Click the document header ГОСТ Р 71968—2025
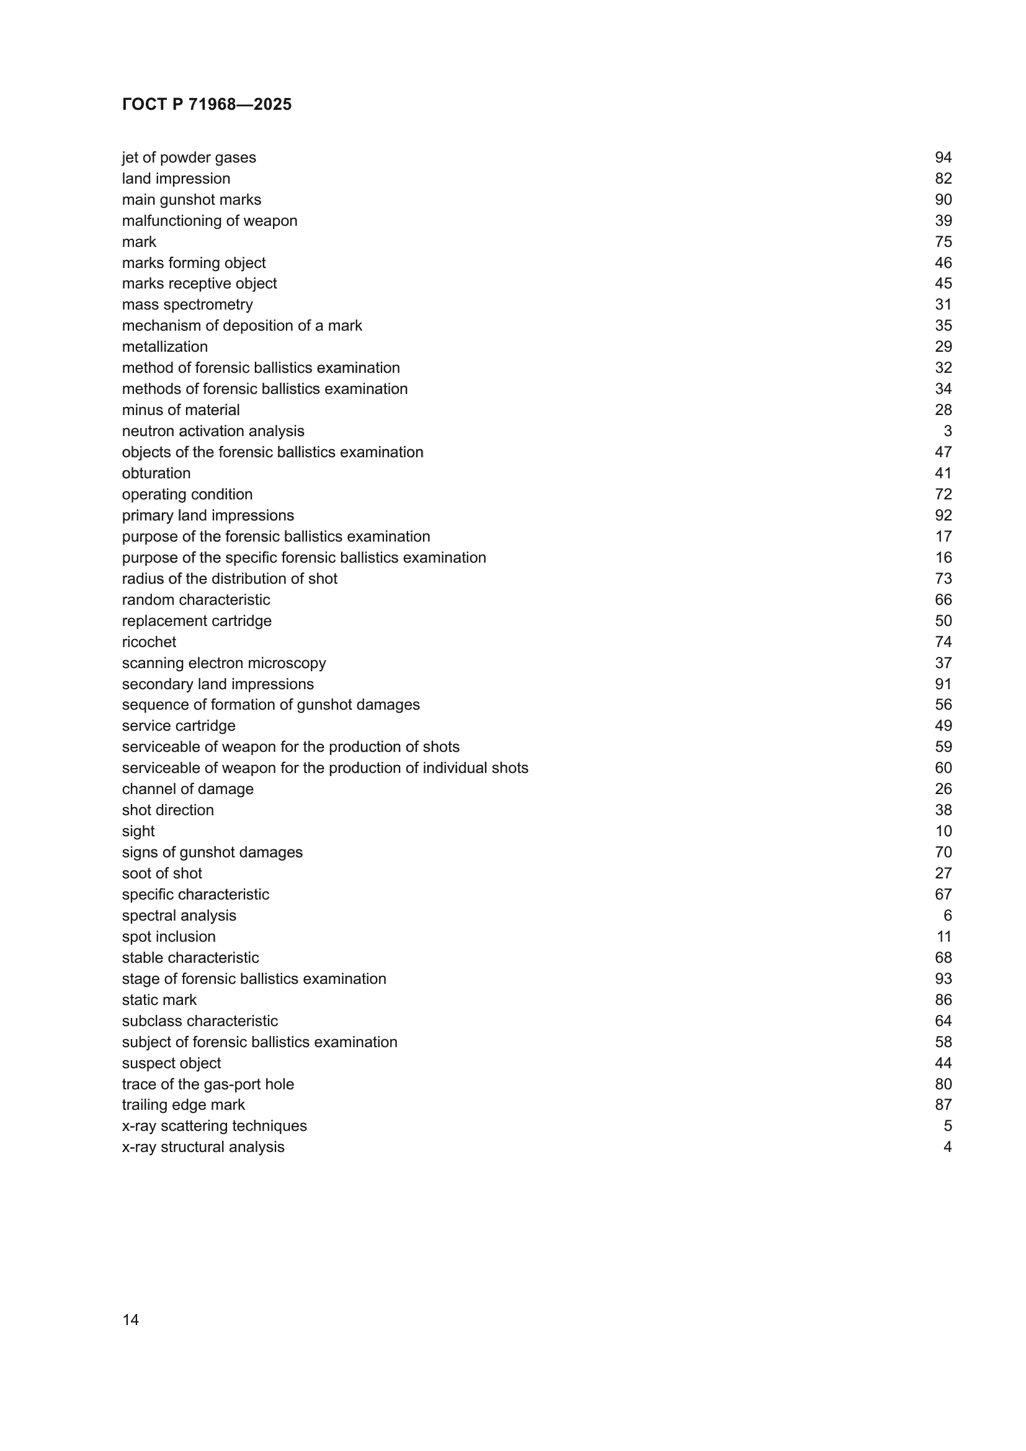pos(207,104)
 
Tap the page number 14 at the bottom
pos(130,1320)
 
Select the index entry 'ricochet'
pos(149,642)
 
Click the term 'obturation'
pos(156,473)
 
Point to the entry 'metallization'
pos(165,347)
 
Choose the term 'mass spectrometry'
pos(187,305)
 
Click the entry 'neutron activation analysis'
pos(213,431)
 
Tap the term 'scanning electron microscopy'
pos(224,663)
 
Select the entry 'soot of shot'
pos(162,873)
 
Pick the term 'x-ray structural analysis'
pos(203,1147)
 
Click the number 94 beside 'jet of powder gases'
pos(943,158)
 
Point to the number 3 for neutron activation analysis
pos(947,431)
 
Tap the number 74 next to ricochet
pos(943,642)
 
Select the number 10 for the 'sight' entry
pos(943,831)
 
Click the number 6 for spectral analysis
pos(947,916)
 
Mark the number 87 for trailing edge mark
pos(943,1105)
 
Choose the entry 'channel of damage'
pos(187,789)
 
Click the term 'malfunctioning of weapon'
pos(209,221)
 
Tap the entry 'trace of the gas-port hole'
pos(208,1084)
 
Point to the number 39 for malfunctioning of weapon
pos(943,221)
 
